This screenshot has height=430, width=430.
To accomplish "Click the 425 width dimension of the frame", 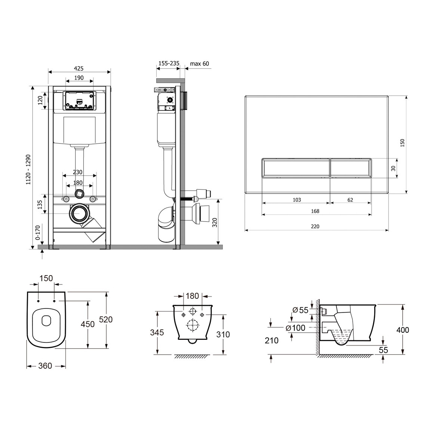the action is (x=79, y=68).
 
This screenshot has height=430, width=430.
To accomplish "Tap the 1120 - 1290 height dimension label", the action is (x=28, y=169).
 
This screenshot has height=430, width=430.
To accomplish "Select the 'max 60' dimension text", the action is (x=199, y=64).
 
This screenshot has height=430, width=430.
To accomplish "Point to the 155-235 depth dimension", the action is (x=169, y=63).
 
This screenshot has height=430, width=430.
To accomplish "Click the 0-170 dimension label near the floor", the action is (x=37, y=232).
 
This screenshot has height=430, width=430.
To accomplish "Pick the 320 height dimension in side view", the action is (x=215, y=222).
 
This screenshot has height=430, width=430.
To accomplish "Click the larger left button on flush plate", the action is (x=296, y=168).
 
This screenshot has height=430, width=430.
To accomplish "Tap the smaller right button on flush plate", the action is (x=351, y=168).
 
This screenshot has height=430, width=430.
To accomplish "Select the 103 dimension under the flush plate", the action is (x=297, y=200).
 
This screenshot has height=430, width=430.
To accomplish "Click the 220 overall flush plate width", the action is (x=315, y=227).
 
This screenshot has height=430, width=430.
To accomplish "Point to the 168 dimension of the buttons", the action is (x=315, y=211).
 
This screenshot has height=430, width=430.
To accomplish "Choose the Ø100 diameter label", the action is (x=295, y=328).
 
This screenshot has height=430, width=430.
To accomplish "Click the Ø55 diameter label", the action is (x=301, y=310).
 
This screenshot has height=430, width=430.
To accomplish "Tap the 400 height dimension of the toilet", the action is (x=403, y=330).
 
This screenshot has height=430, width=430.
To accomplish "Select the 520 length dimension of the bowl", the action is (x=106, y=319).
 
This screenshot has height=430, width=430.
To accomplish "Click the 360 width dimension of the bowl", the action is (x=45, y=366).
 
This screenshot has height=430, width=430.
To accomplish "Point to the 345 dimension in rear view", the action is (x=157, y=332).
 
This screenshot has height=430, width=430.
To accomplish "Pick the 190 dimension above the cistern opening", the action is (x=79, y=78).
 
